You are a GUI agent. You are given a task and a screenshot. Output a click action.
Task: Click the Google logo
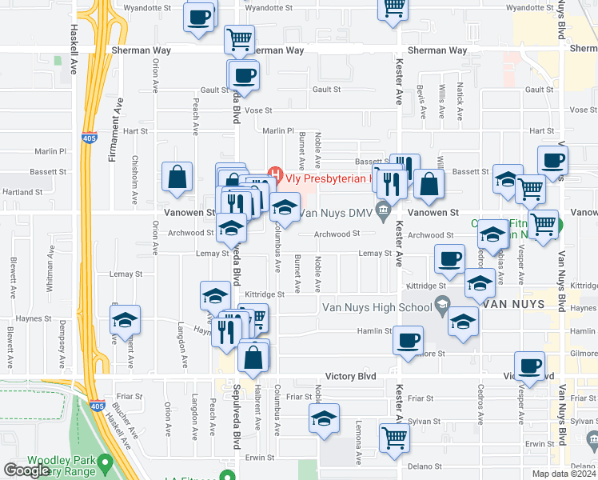[26, 470]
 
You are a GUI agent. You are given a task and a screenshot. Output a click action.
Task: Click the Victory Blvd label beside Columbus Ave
[350, 376]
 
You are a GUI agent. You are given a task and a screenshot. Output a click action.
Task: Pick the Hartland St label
[22, 192]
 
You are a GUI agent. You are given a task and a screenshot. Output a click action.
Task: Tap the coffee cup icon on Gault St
[245, 77]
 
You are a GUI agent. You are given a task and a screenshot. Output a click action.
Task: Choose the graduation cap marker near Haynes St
[125, 320]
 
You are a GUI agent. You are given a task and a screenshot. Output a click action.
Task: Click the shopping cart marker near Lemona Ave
[393, 438]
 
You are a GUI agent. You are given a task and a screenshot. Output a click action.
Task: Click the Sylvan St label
[423, 421]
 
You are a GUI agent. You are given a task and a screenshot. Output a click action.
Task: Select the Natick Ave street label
[460, 103]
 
